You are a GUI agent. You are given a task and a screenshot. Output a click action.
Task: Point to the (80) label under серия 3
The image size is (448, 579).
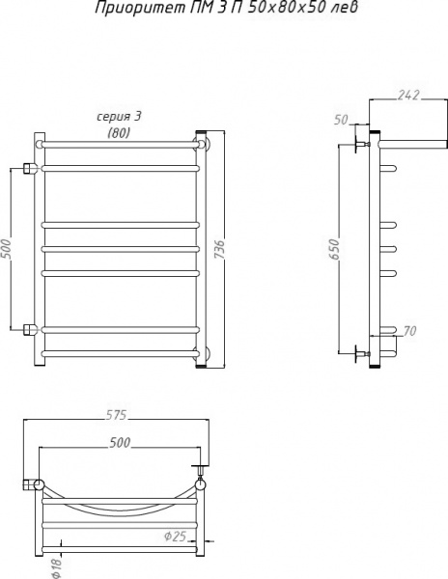(120, 132)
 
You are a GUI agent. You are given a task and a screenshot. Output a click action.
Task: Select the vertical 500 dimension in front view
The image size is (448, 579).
(8, 249)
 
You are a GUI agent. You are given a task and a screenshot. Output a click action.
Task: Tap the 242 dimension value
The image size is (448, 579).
(410, 95)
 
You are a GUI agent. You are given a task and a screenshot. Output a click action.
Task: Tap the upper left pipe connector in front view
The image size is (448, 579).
(30, 168)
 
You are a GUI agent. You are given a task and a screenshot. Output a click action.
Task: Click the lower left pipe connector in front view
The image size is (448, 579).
(30, 330)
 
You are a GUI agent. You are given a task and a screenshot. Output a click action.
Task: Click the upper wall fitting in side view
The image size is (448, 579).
(364, 145)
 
